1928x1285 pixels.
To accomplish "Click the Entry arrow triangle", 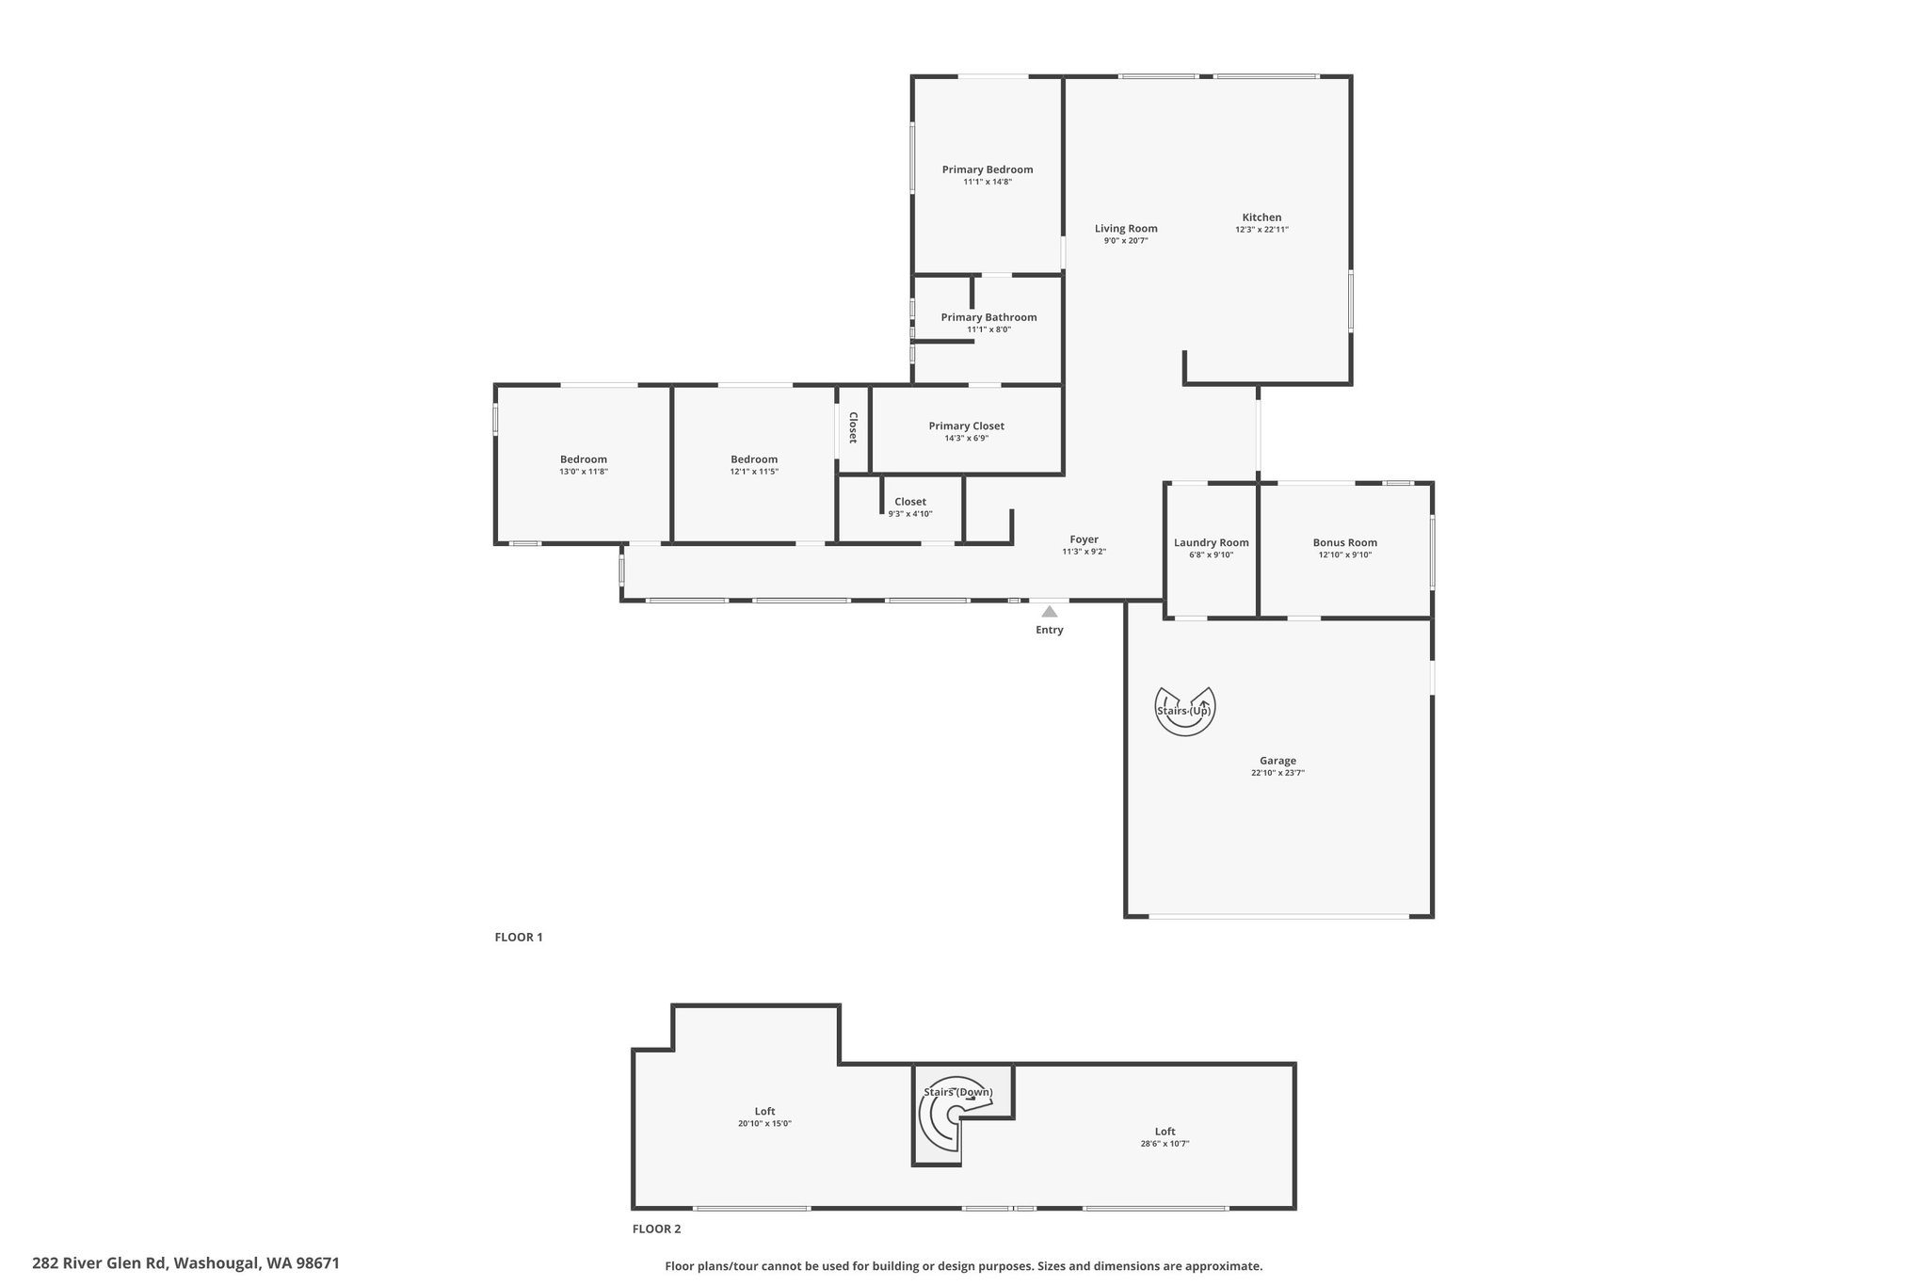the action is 1050,612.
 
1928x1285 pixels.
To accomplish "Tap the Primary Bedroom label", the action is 988,169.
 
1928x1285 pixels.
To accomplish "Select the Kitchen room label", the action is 1261,217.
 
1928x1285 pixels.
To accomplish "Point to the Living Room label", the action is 1126,229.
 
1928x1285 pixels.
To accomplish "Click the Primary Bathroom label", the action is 988,317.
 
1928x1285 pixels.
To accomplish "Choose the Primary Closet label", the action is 967,426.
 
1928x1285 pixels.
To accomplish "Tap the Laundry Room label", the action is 1212,542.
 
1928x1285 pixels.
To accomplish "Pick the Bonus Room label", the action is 1345,542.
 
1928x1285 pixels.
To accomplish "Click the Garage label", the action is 1278,761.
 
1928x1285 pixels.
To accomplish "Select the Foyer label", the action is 1084,539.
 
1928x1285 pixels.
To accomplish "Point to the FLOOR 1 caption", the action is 519,937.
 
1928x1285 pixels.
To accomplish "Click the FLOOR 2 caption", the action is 656,1229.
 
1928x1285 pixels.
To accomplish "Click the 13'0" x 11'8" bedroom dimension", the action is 584,472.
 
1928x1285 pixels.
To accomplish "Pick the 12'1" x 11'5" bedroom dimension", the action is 754,472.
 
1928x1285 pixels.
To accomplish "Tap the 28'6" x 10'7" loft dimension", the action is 1165,1144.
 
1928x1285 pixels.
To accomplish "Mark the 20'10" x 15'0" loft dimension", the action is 765,1123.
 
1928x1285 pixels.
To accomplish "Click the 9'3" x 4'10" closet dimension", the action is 910,514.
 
